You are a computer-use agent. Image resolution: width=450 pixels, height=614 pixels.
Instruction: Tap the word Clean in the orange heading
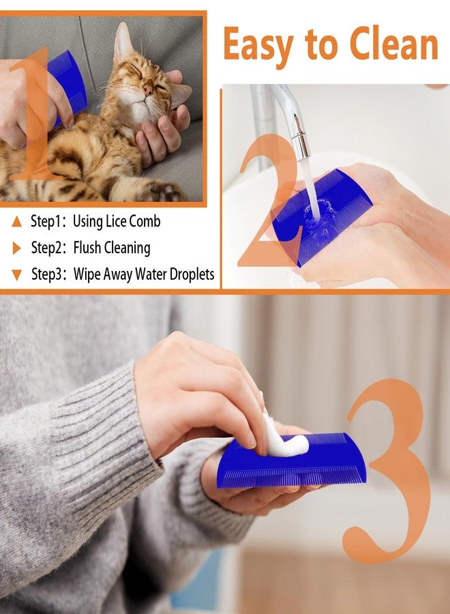coord(394,43)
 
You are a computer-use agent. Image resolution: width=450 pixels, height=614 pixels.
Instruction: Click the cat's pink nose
coord(149,89)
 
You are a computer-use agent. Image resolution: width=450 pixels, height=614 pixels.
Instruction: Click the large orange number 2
coord(270,200)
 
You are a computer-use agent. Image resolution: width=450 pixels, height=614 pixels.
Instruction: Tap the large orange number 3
coord(387,470)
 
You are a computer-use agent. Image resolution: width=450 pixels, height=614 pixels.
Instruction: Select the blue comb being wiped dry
coord(292,462)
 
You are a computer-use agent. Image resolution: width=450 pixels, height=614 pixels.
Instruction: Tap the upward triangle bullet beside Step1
coord(16,222)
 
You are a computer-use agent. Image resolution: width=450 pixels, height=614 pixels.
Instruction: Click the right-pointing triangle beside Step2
coord(16,248)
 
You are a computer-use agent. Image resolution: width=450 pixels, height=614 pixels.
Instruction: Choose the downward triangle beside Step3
coord(16,275)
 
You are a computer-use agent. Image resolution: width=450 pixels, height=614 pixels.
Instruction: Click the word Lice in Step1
coord(115,221)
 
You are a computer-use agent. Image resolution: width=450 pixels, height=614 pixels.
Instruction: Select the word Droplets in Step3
coord(192,274)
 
